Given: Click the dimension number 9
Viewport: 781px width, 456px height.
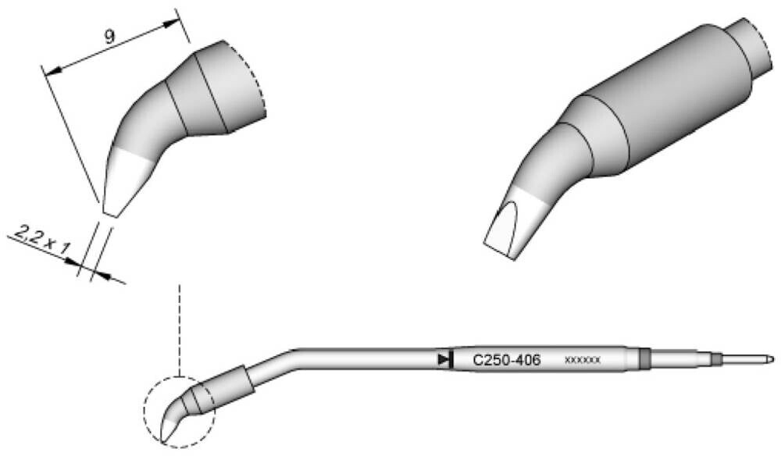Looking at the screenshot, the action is pos(110,37).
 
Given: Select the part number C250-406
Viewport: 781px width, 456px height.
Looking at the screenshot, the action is pos(506,359).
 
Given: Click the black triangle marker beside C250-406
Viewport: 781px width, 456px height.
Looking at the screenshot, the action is pos(442,359).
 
